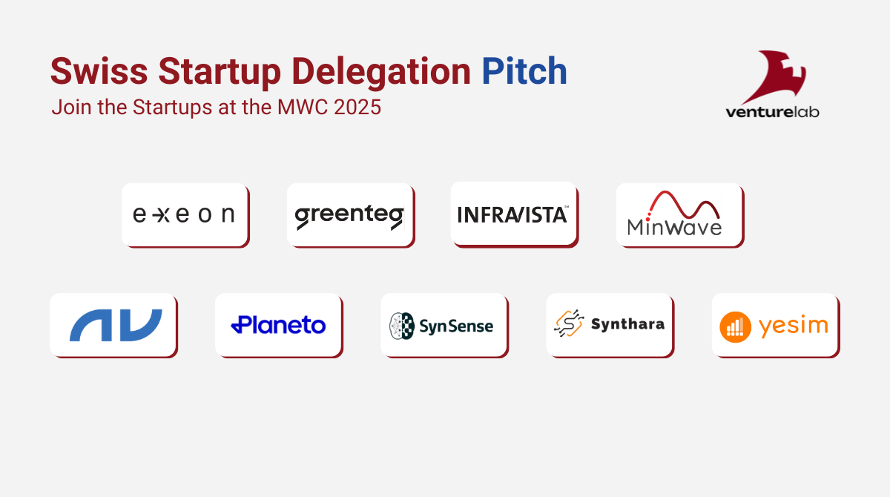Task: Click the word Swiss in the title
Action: (x=99, y=71)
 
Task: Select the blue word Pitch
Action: (x=524, y=71)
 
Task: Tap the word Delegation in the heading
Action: (x=381, y=73)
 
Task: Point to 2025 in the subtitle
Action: (x=357, y=108)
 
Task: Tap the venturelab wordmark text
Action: (x=772, y=112)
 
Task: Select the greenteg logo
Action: (x=349, y=217)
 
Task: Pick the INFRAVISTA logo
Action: (x=513, y=215)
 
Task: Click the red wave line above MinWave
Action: (x=683, y=205)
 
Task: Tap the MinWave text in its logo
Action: (x=674, y=228)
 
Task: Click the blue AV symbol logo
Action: (x=116, y=325)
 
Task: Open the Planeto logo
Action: (x=279, y=325)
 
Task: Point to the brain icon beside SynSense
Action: (x=402, y=326)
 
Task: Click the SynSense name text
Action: (x=456, y=326)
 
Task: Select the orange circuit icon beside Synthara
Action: (x=569, y=323)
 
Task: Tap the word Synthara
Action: (x=627, y=324)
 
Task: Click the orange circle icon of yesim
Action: (x=736, y=327)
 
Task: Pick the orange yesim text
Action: (x=794, y=327)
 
